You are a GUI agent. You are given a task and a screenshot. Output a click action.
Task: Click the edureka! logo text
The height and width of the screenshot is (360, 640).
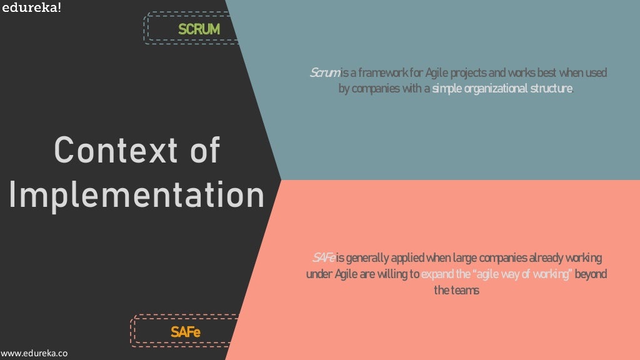(x=31, y=8)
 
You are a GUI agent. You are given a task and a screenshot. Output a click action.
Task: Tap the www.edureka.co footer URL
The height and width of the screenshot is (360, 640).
(x=34, y=353)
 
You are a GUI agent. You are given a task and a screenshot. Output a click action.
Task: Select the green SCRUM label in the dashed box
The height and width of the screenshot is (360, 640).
(x=199, y=29)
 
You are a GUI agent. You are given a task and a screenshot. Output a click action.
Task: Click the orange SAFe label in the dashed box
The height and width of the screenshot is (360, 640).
(x=186, y=332)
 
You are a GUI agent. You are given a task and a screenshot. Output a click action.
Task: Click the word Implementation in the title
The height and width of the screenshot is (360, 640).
(x=137, y=195)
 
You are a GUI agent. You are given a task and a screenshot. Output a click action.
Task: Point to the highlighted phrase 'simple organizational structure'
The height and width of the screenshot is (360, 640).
(x=502, y=89)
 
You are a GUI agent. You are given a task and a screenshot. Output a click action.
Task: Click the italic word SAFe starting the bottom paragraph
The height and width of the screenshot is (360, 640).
(x=324, y=258)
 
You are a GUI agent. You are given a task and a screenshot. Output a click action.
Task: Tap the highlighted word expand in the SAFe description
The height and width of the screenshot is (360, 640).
(x=435, y=274)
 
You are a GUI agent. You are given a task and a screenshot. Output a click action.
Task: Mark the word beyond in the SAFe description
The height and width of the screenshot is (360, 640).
(x=591, y=274)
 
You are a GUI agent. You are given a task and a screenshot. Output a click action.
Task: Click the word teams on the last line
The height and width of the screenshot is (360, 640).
(x=464, y=291)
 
